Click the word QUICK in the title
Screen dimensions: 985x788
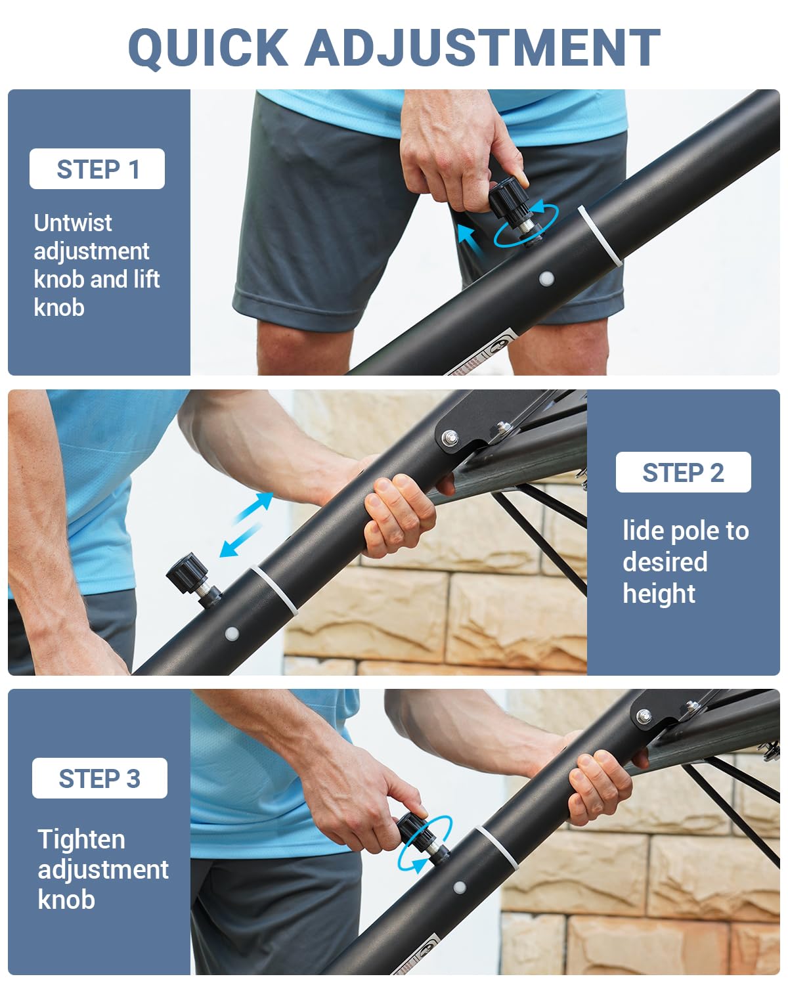tap(208, 48)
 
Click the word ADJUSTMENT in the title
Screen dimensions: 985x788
tap(482, 48)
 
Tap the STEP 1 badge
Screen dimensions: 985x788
tap(97, 169)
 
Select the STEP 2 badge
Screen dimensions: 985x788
tap(683, 473)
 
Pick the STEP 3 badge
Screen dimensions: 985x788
tap(99, 779)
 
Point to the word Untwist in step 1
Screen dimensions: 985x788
tap(72, 223)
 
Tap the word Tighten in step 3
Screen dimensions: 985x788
tap(81, 839)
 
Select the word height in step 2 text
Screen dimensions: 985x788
tap(659, 594)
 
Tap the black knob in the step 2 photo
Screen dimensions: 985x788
tap(188, 571)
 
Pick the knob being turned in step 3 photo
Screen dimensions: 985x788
tap(415, 829)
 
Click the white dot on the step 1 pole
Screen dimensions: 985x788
tap(546, 278)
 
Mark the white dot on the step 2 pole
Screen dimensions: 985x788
tap(231, 634)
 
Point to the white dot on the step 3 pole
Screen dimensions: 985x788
tap(460, 888)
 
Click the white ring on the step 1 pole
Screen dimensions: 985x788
tap(599, 238)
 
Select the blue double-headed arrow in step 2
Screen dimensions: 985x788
tap(246, 525)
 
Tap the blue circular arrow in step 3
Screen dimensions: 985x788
tap(426, 844)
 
